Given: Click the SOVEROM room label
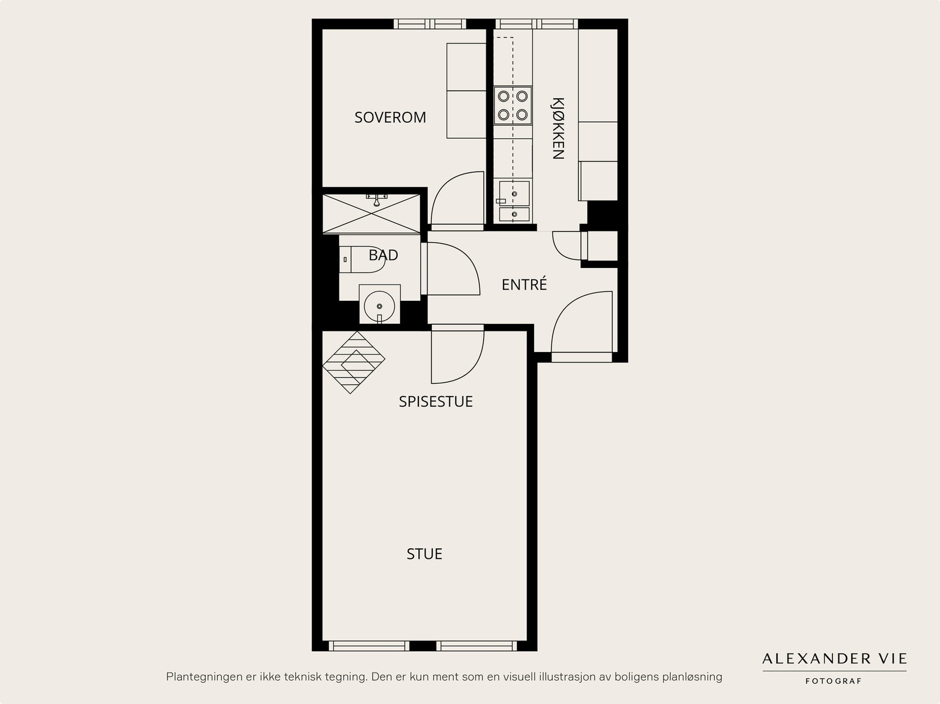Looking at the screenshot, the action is [390, 118].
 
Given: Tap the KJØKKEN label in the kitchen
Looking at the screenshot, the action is [558, 129].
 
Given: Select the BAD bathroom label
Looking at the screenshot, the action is [383, 255].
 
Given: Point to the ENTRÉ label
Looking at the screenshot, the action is [524, 284].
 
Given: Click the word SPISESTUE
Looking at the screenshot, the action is [435, 402].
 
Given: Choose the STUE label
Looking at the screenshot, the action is [424, 554].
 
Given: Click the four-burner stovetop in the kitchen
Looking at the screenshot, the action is [513, 105].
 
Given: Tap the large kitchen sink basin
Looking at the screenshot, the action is [514, 193].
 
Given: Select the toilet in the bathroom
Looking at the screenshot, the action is [362, 259].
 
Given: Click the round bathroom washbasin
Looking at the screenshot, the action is [380, 306].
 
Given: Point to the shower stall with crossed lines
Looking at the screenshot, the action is [371, 213].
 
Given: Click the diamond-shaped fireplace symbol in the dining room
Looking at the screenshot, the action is [353, 362].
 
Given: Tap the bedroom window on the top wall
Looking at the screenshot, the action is [429, 24].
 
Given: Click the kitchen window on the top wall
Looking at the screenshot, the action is [536, 24].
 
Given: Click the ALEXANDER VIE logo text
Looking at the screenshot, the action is [834, 659].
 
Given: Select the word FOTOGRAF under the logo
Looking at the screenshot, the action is [833, 681].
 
